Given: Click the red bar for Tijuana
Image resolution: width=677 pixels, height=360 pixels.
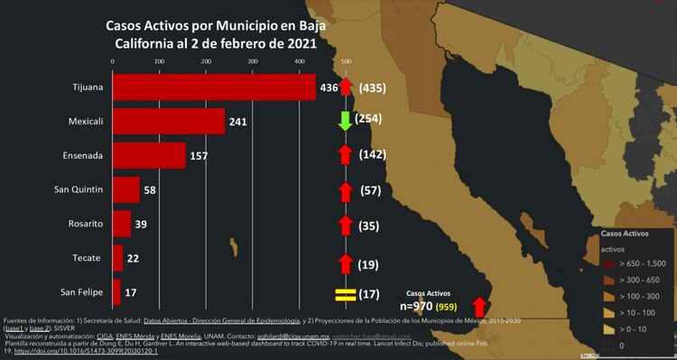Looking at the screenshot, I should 214,88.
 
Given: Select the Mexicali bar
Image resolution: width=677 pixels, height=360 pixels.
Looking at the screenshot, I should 168,121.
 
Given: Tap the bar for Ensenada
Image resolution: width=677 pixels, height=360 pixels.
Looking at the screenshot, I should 149,155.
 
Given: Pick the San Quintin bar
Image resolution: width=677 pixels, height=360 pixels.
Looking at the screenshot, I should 126,189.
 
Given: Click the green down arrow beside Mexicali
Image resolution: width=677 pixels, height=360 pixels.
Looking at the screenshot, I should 345,121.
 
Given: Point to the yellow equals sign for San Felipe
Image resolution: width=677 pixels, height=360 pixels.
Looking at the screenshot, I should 344,294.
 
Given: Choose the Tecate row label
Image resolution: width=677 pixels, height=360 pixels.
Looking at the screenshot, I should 88,258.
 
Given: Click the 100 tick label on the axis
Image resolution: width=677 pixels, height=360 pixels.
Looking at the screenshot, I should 159,61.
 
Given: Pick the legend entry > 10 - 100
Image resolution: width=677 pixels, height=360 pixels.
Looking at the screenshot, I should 636,312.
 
